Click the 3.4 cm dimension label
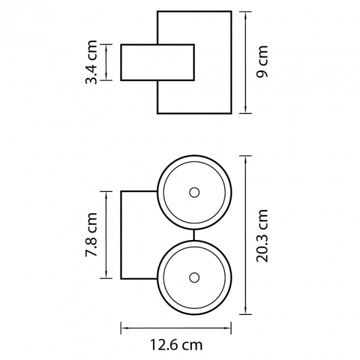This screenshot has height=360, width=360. click(91, 62)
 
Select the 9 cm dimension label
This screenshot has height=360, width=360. click(262, 62)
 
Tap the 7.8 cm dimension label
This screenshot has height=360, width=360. click(91, 235)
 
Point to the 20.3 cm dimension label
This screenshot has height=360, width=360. click(262, 236)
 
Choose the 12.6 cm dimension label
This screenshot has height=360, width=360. click(176, 344)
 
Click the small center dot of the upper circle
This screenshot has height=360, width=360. click(194, 193)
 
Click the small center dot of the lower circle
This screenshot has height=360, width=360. click(194, 278)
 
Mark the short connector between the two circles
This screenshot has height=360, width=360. click(194, 235)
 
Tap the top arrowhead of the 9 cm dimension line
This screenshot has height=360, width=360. click(245, 14)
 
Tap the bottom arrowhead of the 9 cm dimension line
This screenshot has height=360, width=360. click(245, 110)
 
